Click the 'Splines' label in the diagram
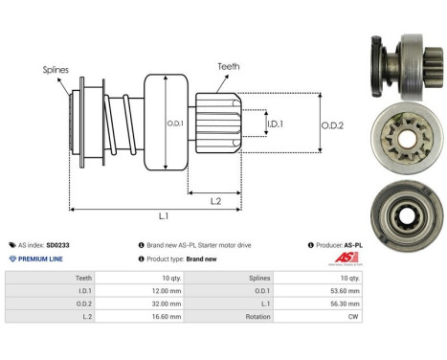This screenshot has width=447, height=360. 56,70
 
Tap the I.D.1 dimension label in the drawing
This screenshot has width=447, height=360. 273,124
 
